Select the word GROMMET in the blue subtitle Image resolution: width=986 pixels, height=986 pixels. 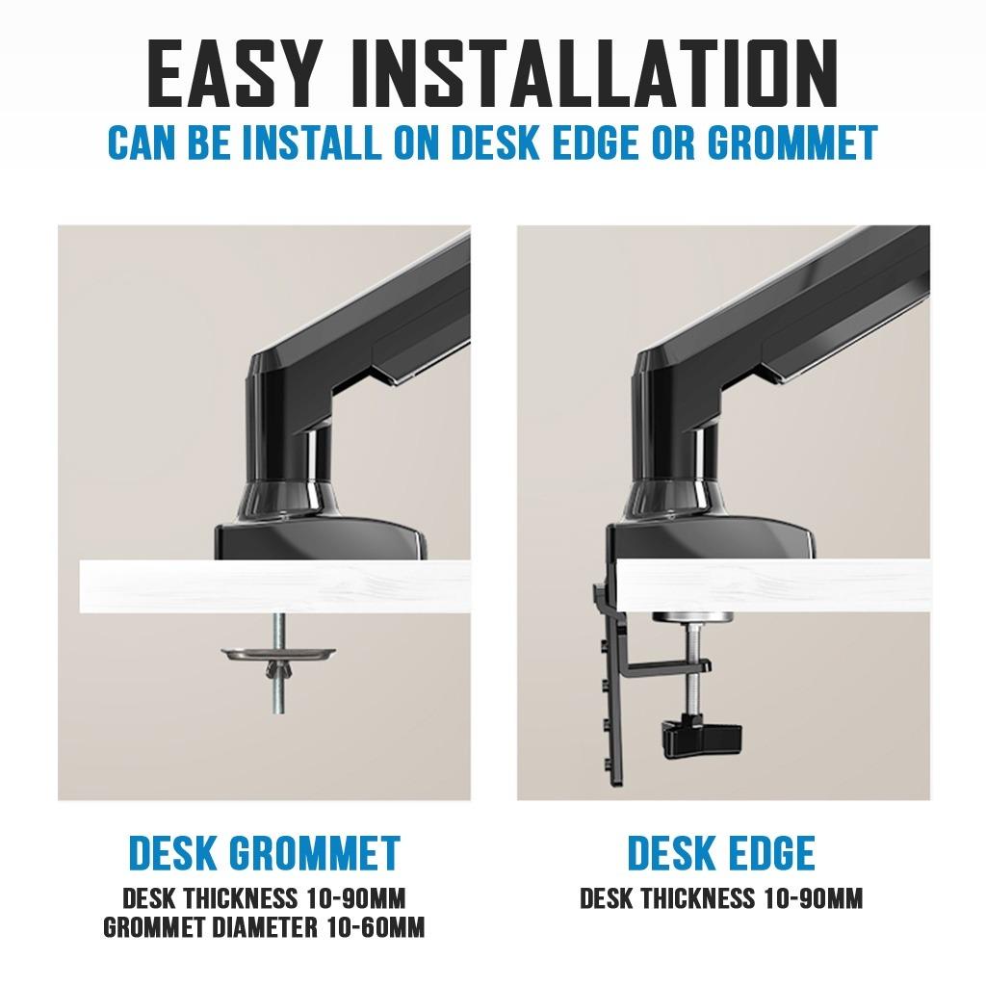(791, 143)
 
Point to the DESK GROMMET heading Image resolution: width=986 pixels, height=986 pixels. (263, 853)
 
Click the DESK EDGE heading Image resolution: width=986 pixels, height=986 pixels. (721, 853)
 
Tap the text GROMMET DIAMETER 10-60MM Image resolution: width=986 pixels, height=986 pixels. (263, 927)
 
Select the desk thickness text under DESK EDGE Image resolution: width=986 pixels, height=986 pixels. (721, 899)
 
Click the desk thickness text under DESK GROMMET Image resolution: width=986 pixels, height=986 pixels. (263, 899)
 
